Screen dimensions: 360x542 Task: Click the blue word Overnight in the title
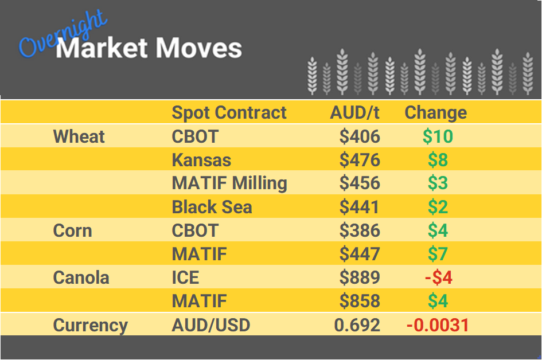pyautogui.click(x=61, y=36)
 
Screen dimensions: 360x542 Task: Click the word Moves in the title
pyautogui.click(x=198, y=48)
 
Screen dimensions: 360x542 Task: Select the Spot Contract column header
pyautogui.click(x=229, y=112)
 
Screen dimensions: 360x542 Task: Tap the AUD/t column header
pyautogui.click(x=354, y=112)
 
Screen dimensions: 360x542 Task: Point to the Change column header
pyautogui.click(x=435, y=112)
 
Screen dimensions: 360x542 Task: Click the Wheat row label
pyautogui.click(x=79, y=136)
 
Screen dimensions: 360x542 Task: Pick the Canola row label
pyautogui.click(x=81, y=277)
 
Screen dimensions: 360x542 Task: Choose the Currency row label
pyautogui.click(x=90, y=325)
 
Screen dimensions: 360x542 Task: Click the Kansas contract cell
pyautogui.click(x=201, y=160)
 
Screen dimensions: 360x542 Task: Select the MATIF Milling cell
pyautogui.click(x=229, y=183)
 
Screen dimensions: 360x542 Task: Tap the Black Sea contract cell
pyautogui.click(x=212, y=207)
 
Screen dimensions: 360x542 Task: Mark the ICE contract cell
pyautogui.click(x=185, y=277)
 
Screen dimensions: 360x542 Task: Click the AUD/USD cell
pyautogui.click(x=211, y=325)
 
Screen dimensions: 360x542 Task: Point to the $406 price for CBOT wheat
pyautogui.click(x=360, y=136)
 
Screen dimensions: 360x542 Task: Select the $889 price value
pyautogui.click(x=360, y=277)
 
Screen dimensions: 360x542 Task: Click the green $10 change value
pyautogui.click(x=438, y=136)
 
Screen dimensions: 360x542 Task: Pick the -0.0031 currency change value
pyautogui.click(x=438, y=325)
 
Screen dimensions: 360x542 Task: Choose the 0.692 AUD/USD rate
pyautogui.click(x=357, y=325)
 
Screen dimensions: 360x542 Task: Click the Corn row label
pyautogui.click(x=72, y=230)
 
